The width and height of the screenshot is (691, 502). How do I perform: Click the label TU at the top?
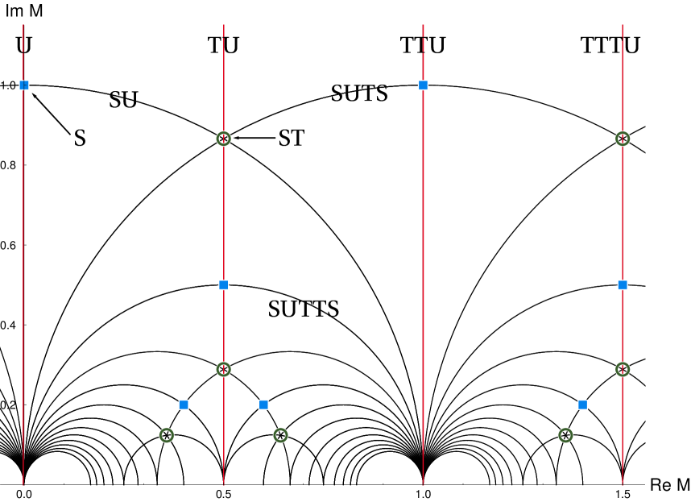tap(223, 45)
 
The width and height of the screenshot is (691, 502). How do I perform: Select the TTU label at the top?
tap(423, 45)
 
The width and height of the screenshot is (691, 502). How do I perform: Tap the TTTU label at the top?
tap(610, 45)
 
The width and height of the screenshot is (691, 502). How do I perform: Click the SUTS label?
tap(359, 93)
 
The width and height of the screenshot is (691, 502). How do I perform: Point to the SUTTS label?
tap(303, 309)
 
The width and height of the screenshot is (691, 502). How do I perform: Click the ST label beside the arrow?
tap(292, 138)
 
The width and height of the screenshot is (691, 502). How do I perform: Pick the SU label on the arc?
tap(123, 100)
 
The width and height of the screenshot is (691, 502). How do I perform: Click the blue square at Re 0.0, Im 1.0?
tap(24, 85)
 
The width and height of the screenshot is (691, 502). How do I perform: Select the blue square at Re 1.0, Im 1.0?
tap(423, 85)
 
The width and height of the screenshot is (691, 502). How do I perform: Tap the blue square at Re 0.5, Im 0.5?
tap(224, 284)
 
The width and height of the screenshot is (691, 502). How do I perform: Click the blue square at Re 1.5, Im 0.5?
tap(623, 284)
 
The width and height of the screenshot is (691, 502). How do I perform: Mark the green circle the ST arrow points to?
tap(224, 139)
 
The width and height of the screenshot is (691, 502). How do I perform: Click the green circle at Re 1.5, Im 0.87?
tap(623, 139)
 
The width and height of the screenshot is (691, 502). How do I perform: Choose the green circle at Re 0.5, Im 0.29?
tap(224, 369)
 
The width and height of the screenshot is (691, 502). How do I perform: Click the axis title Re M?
tap(671, 486)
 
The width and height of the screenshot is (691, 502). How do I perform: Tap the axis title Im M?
tap(24, 11)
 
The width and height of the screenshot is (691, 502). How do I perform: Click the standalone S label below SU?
tap(80, 138)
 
